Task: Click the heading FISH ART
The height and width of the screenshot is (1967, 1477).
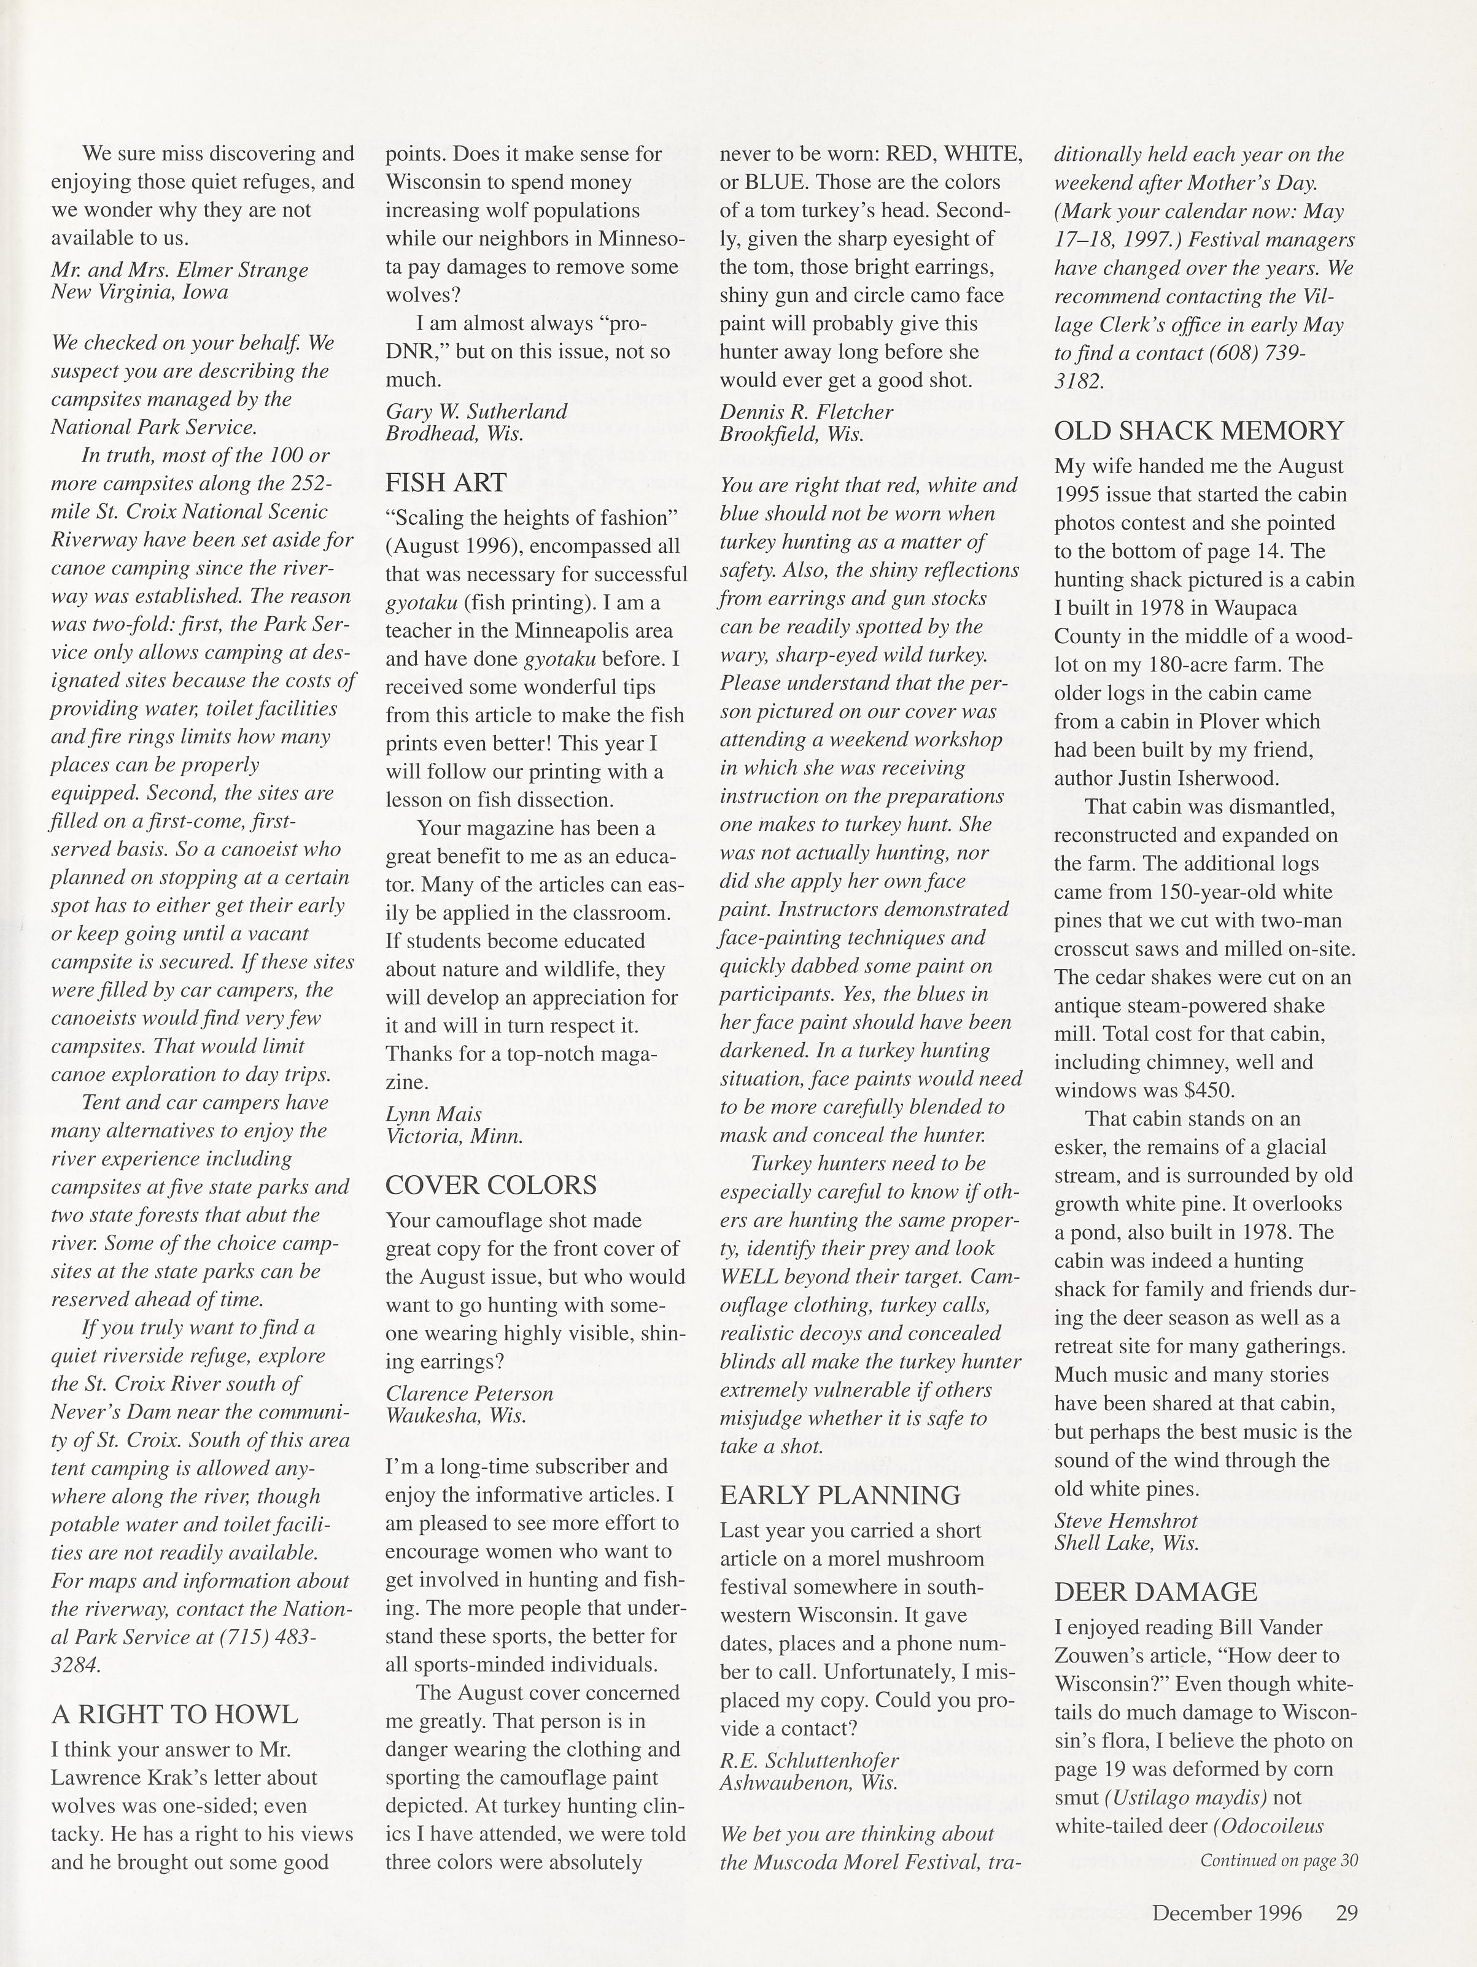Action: point(446,483)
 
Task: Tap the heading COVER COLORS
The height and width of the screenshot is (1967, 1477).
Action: point(491,1185)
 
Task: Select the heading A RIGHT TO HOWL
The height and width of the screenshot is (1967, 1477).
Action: point(174,1715)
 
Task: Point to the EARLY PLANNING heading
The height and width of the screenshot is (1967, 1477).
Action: point(839,1496)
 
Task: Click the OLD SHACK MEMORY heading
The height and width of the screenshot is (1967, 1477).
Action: point(1199,431)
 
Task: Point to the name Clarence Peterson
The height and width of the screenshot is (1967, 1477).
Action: point(468,1393)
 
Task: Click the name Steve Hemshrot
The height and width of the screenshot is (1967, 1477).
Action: point(1126,1521)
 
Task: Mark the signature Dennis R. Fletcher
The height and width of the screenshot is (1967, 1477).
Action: point(805,412)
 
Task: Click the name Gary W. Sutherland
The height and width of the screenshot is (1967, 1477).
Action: point(476,412)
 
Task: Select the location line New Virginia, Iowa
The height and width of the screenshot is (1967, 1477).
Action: point(139,292)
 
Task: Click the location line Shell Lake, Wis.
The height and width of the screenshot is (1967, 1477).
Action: point(1126,1543)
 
